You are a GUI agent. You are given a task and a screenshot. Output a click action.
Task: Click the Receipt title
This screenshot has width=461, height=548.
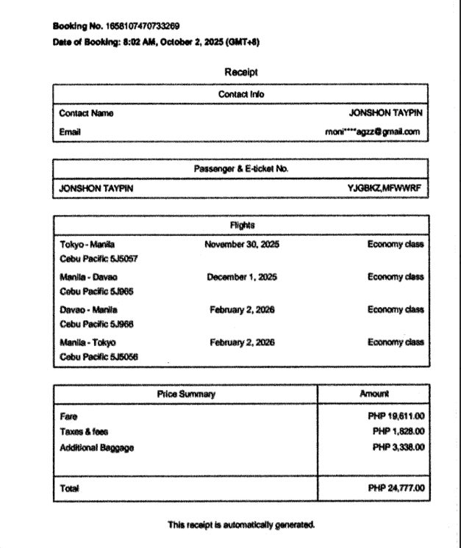(x=240, y=73)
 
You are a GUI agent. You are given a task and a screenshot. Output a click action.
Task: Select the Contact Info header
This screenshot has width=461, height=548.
(x=240, y=94)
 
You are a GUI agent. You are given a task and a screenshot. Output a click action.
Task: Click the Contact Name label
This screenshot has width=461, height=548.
(x=86, y=114)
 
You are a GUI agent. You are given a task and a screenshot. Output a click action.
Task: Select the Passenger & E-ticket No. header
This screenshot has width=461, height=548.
(x=240, y=169)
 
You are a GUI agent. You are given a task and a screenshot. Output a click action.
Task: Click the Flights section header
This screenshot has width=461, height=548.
(x=240, y=226)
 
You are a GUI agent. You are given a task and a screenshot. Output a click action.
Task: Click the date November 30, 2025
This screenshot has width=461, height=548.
(x=243, y=244)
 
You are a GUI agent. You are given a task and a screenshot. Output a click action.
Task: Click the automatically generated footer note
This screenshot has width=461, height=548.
(x=240, y=524)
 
